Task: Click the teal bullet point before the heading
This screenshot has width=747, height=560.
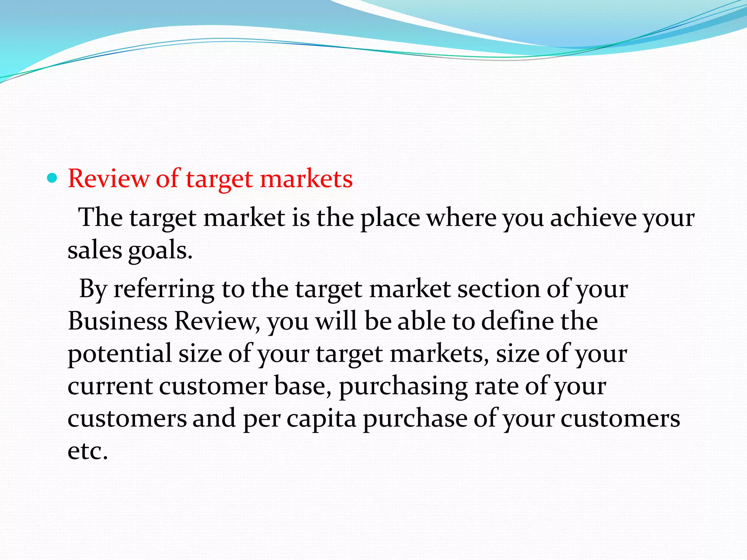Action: [x=53, y=178]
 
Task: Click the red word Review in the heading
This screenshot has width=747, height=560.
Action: [x=108, y=179]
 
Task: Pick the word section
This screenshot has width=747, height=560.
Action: [x=498, y=289]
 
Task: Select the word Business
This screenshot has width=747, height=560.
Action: [x=117, y=321]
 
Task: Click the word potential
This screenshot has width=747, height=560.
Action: [x=120, y=354]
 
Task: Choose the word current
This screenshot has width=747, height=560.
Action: [x=110, y=386]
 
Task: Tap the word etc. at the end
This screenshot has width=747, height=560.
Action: [x=88, y=451]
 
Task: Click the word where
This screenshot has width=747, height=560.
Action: [x=461, y=218]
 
